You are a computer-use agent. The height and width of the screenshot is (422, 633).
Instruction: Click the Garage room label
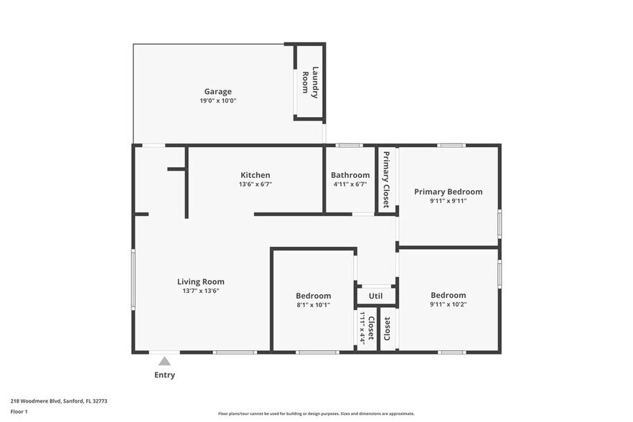click(x=217, y=91)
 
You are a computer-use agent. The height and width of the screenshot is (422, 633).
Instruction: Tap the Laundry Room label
click(x=309, y=81)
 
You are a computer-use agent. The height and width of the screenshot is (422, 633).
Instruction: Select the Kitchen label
click(x=255, y=175)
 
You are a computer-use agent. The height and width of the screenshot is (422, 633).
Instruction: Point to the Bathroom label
click(x=350, y=175)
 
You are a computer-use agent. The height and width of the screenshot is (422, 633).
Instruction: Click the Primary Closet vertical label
click(x=385, y=179)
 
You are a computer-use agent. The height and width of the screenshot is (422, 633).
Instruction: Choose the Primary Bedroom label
click(x=448, y=192)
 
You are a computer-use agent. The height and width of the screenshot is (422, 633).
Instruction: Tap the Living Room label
click(x=201, y=281)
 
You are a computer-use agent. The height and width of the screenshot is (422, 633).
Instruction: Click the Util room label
click(x=375, y=296)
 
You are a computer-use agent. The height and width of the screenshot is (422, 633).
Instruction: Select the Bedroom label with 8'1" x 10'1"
click(x=313, y=296)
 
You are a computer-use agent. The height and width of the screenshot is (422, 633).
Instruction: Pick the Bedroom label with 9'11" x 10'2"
click(x=448, y=295)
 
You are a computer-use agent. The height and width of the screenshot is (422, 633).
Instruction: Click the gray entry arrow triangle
click(x=164, y=361)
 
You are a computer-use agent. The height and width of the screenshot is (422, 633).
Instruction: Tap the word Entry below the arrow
click(x=164, y=375)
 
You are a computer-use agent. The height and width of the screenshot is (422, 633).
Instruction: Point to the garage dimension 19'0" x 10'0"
click(x=217, y=101)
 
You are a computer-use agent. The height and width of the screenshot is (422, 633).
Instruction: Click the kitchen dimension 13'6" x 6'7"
click(x=255, y=184)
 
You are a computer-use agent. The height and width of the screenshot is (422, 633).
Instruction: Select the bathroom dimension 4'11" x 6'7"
click(x=350, y=184)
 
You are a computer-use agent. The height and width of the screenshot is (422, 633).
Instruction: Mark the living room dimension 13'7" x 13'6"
click(x=201, y=291)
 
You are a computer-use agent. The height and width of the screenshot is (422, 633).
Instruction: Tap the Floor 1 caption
click(x=19, y=411)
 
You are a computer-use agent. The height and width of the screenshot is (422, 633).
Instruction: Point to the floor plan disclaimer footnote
click(x=316, y=413)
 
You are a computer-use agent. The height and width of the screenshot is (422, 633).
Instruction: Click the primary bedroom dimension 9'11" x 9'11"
click(x=448, y=201)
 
